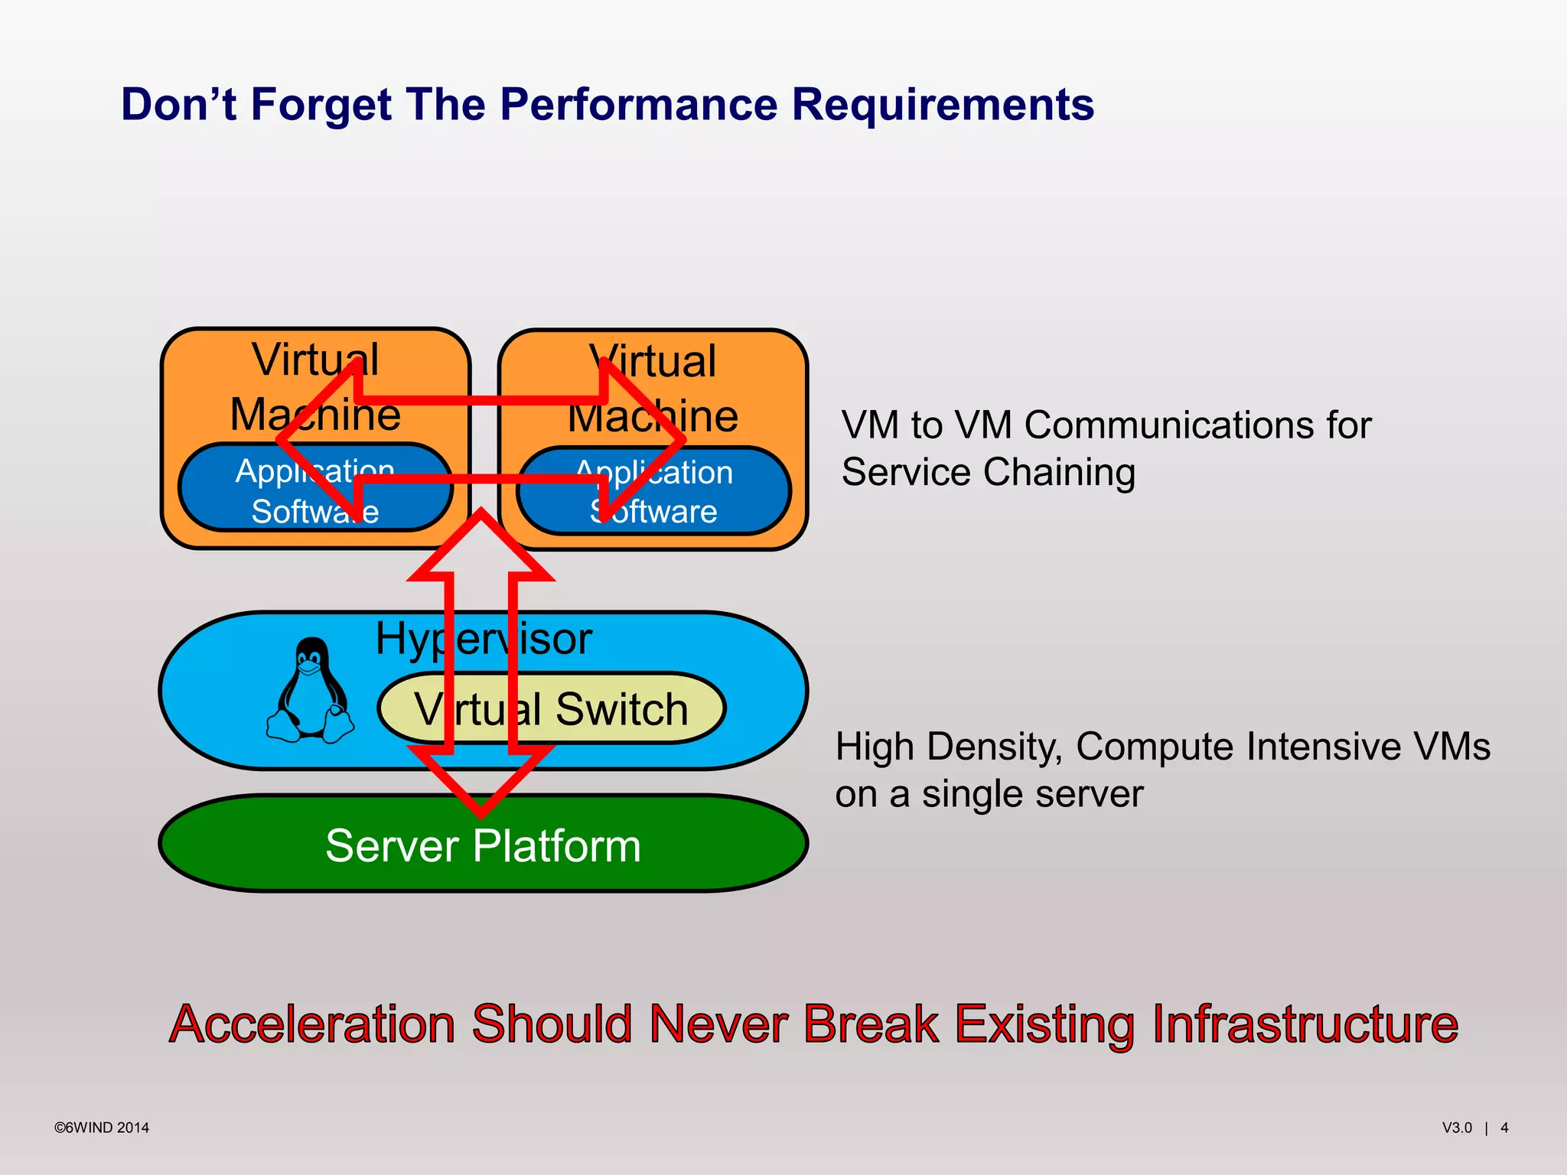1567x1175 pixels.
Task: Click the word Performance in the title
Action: [638, 105]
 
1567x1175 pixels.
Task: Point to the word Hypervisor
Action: [483, 639]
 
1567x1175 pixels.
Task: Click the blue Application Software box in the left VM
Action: [230, 490]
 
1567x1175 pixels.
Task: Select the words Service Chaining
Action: [988, 472]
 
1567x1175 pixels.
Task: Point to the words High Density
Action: [948, 747]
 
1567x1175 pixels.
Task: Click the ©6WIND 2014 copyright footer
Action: [102, 1128]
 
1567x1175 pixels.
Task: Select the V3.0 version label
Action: [1457, 1128]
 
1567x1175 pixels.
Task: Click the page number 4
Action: [1504, 1128]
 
